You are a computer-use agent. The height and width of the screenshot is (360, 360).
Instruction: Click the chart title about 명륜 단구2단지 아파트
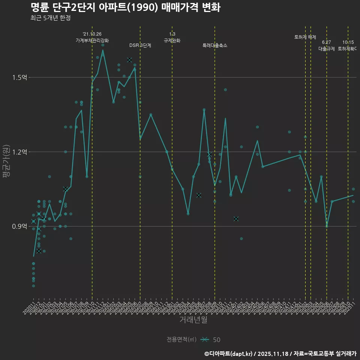[x=125, y=7]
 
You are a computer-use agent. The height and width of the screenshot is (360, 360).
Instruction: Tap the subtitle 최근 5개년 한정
[x=50, y=18]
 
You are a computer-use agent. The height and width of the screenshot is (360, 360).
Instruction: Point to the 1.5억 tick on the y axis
[x=19, y=78]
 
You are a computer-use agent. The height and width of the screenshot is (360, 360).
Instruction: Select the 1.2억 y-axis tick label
[x=19, y=152]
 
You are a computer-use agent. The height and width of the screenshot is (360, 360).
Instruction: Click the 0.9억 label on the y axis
[x=19, y=226]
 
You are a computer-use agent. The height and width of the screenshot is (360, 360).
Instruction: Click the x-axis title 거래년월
[x=193, y=320]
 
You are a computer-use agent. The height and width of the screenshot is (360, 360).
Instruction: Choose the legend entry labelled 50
[x=216, y=340]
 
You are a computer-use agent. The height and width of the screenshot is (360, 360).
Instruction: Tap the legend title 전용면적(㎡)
[x=181, y=340]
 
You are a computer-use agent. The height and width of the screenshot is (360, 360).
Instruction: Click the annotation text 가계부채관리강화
[x=92, y=40]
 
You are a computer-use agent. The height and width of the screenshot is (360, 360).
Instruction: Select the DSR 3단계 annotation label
[x=140, y=45]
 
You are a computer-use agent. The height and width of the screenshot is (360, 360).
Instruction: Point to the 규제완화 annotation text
[x=172, y=40]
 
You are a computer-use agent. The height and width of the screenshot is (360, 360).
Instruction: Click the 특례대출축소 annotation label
[x=215, y=45]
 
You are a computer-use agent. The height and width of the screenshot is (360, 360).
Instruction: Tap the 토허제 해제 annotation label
[x=305, y=37]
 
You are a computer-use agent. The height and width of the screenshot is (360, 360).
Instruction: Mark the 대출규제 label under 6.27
[x=327, y=49]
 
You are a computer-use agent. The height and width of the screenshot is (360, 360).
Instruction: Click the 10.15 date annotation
[x=348, y=42]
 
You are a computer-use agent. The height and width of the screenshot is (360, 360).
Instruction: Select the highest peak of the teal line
[x=103, y=50]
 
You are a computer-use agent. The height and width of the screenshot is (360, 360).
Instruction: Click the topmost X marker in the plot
[x=129, y=60]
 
